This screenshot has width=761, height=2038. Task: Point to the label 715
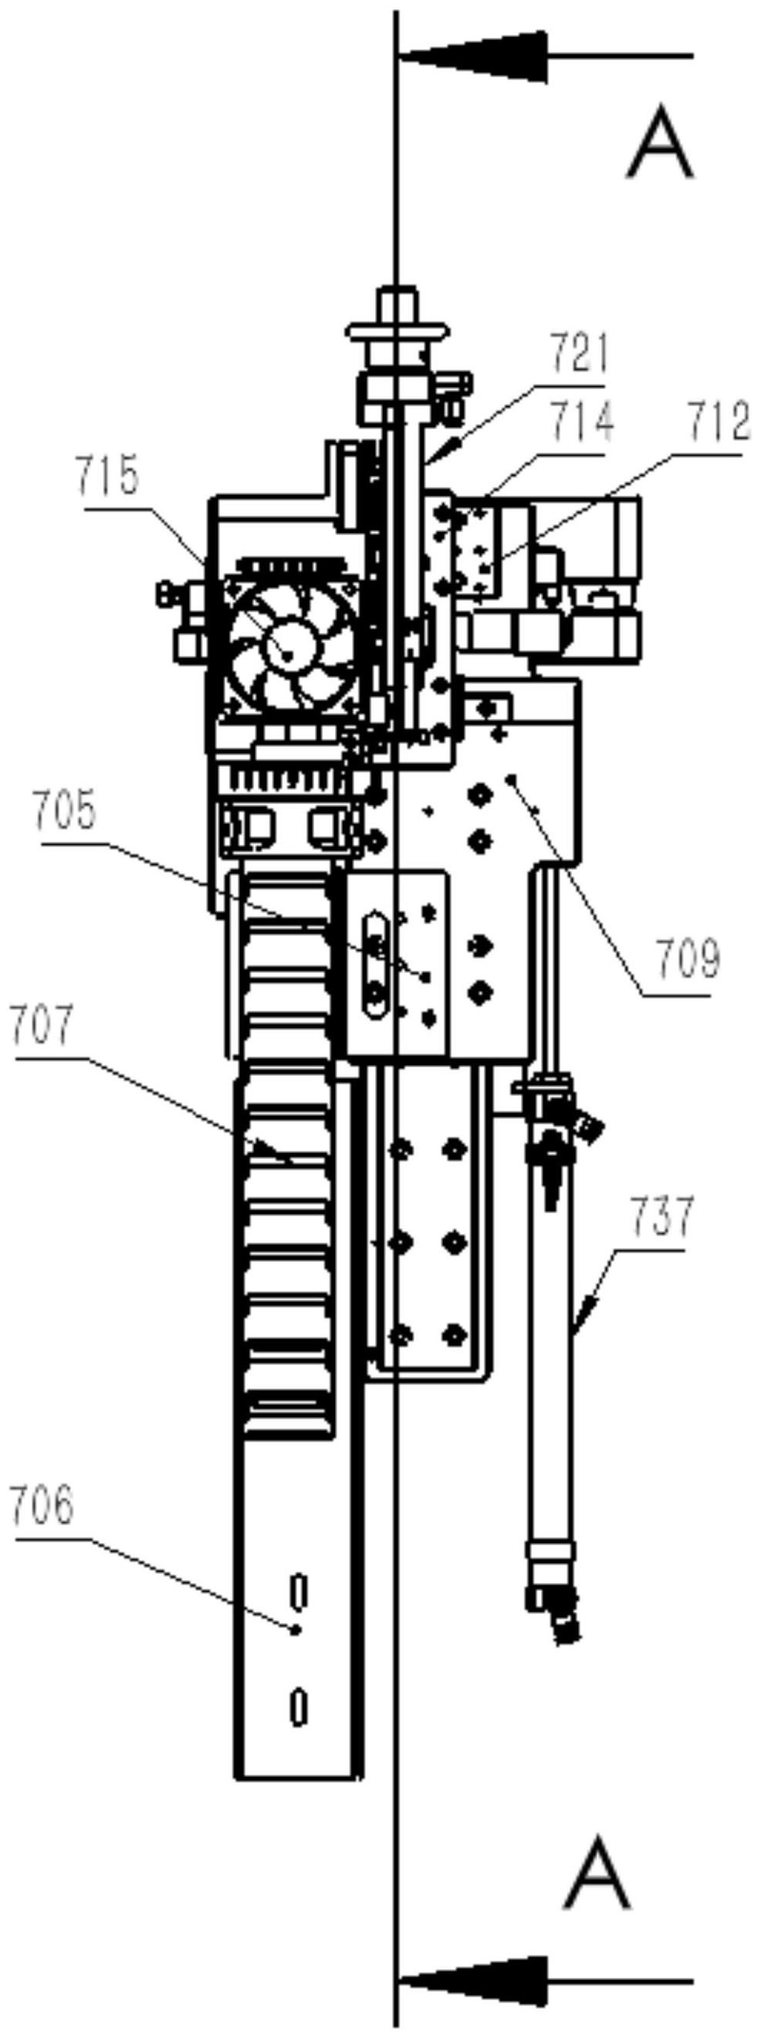click(x=107, y=476)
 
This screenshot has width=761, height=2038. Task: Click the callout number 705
click(x=65, y=812)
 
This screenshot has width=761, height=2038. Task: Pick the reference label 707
click(x=43, y=1026)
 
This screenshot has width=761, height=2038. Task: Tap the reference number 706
click(x=42, y=1506)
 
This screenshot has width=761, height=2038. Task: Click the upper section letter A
click(x=660, y=144)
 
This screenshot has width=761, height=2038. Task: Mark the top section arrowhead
click(x=474, y=56)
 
